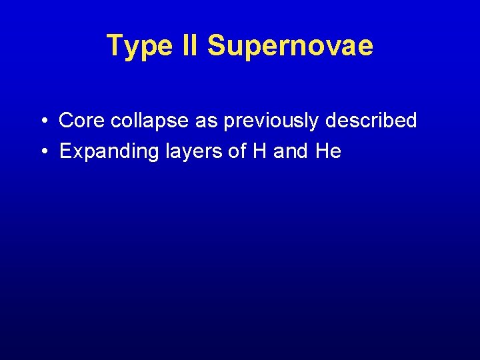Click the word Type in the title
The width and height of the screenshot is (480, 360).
(139, 47)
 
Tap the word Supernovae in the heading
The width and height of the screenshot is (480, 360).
(290, 47)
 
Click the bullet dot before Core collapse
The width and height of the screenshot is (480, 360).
(42, 121)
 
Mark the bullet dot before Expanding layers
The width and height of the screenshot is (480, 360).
(42, 151)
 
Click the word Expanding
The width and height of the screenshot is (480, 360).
(106, 152)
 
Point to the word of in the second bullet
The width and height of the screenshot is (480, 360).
(237, 151)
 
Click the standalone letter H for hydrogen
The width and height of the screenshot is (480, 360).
(259, 151)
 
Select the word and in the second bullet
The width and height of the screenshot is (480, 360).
(290, 151)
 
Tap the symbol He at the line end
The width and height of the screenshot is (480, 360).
(328, 151)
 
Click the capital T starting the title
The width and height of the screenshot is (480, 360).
(115, 45)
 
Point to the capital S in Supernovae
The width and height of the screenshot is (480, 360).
(216, 45)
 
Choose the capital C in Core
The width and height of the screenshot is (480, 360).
(66, 121)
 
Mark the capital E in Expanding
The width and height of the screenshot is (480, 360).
(65, 151)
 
